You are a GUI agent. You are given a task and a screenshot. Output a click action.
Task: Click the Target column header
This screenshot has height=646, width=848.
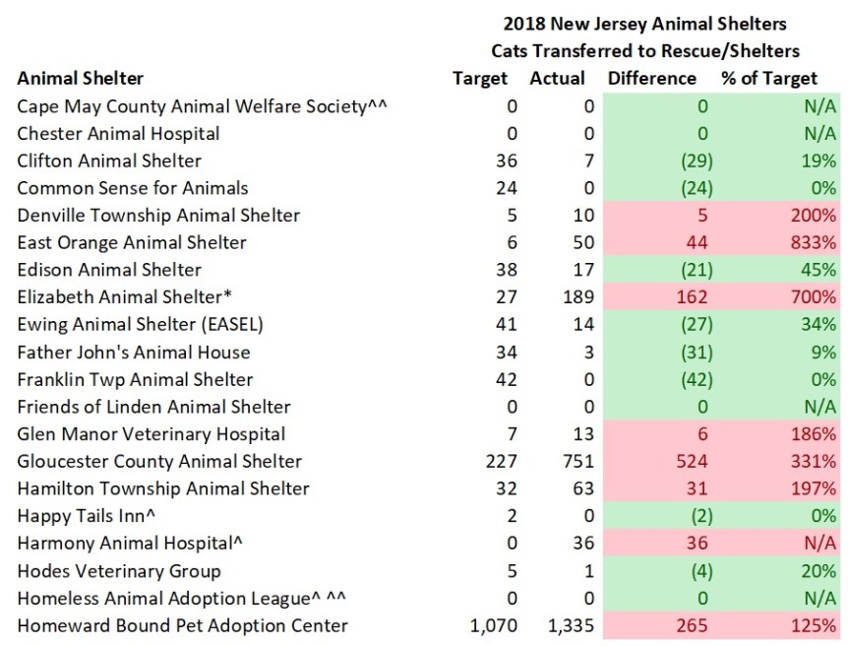point(480,78)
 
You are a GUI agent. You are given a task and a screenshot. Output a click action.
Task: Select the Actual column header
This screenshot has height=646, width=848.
point(557,78)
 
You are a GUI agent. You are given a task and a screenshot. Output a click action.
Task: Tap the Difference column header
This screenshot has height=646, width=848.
point(651,78)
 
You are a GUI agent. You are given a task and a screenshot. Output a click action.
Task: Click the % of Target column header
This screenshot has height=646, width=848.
point(768,78)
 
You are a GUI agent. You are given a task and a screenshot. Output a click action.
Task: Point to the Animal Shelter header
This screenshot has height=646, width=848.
point(80,78)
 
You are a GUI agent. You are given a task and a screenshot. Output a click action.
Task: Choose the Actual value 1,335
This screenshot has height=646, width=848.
point(562,625)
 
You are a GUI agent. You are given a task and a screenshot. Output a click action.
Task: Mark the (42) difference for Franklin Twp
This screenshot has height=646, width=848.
point(693,379)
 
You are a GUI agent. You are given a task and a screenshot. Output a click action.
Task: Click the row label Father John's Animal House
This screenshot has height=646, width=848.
point(134,352)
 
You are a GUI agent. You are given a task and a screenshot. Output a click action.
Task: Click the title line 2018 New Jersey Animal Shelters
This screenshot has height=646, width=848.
point(644,23)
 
